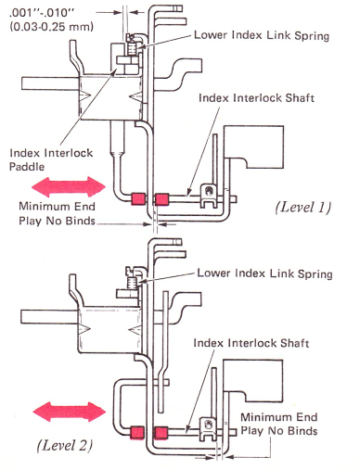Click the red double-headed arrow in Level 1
(x=69, y=186)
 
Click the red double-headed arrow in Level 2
(x=70, y=412)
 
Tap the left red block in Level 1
(x=138, y=198)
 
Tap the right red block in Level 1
(x=161, y=199)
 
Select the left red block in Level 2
(x=136, y=432)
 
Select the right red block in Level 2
(x=161, y=433)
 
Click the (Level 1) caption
(x=303, y=207)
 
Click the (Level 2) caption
(x=65, y=445)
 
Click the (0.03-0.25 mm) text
(x=52, y=27)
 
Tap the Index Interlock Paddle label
(x=51, y=159)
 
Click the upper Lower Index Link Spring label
(x=262, y=35)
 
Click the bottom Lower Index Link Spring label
(x=264, y=273)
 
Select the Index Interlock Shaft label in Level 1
(x=256, y=98)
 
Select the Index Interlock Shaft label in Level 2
(x=251, y=343)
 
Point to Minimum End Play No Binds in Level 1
(x=57, y=213)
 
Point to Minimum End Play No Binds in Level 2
(x=279, y=424)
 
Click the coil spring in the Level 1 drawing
(x=132, y=48)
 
